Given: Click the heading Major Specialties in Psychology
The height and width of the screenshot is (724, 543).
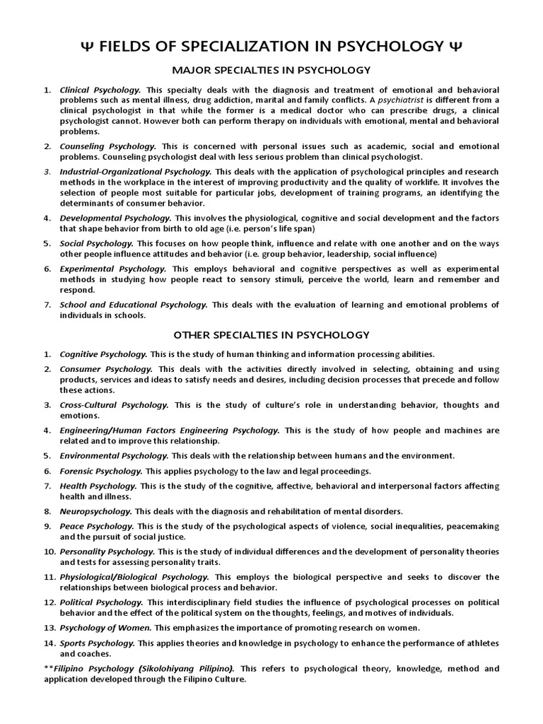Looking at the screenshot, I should (x=271, y=70).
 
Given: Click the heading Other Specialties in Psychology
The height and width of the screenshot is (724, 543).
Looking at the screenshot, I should (x=271, y=334).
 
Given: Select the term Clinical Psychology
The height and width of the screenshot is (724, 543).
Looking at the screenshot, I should (x=100, y=90).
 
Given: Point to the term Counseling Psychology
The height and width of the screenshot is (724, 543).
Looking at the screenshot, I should (x=106, y=146).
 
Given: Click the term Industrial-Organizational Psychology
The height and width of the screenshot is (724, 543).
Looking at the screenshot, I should (x=136, y=172).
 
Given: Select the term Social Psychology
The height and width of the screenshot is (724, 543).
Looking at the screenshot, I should (x=96, y=243).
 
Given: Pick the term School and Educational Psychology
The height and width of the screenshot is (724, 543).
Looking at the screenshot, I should (x=134, y=305).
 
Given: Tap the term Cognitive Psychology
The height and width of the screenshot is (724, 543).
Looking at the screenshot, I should (x=103, y=354).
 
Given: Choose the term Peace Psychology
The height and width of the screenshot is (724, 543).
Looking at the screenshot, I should (x=96, y=527).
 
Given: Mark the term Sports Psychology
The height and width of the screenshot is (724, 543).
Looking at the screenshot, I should (x=98, y=643).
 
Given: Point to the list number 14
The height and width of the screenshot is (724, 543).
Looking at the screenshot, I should (x=48, y=643).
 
